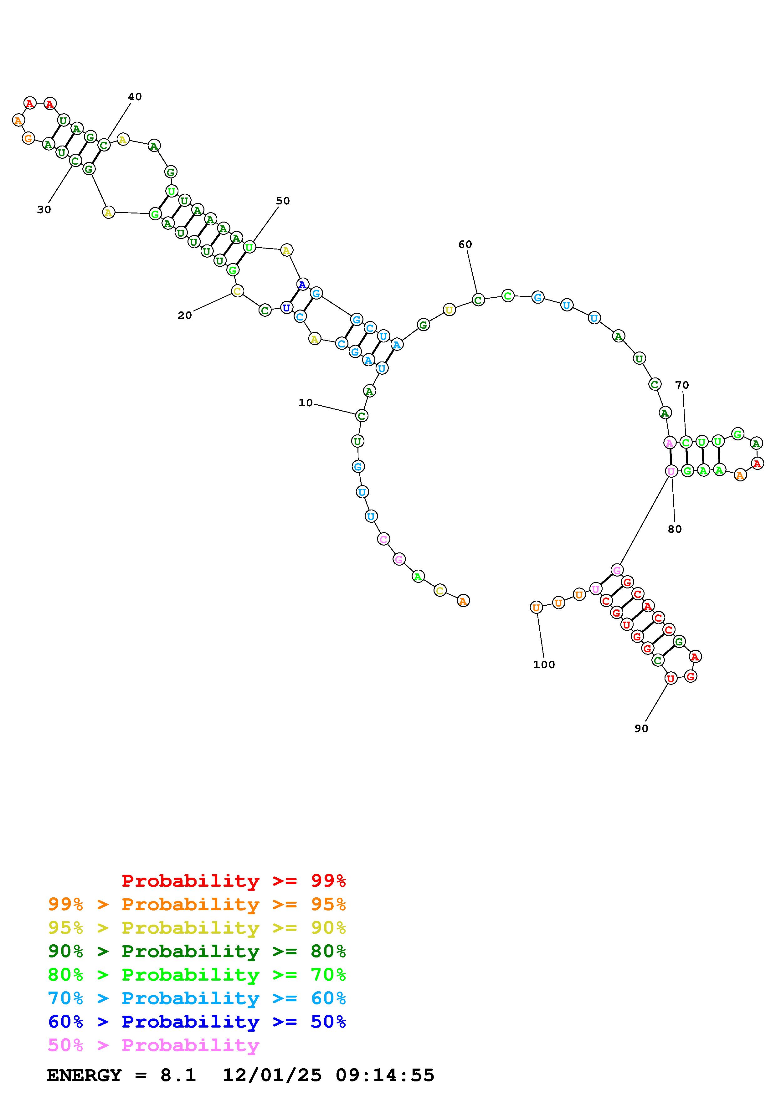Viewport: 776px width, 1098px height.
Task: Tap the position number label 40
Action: click(x=135, y=97)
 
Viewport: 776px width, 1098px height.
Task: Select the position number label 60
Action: click(x=465, y=244)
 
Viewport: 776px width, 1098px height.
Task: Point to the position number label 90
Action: click(x=641, y=728)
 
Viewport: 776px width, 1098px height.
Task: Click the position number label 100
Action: click(x=544, y=665)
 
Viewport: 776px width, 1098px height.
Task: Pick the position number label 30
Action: click(x=44, y=209)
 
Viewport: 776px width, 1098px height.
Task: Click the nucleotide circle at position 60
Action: click(x=478, y=300)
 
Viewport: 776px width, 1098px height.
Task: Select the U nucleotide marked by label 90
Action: click(x=671, y=678)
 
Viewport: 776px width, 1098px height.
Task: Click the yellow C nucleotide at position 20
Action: click(x=237, y=291)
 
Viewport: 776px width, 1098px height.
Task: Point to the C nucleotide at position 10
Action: click(x=362, y=416)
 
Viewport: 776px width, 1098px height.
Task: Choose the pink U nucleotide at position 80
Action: click(x=671, y=471)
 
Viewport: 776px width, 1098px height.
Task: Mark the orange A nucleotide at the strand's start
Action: click(x=463, y=601)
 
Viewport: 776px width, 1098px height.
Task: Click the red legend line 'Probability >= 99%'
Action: click(x=234, y=881)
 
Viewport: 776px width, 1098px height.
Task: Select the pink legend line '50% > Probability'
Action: click(x=154, y=1045)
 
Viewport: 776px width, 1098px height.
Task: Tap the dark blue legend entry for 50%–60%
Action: click(x=197, y=1022)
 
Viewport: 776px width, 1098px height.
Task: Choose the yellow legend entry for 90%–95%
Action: click(x=197, y=928)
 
